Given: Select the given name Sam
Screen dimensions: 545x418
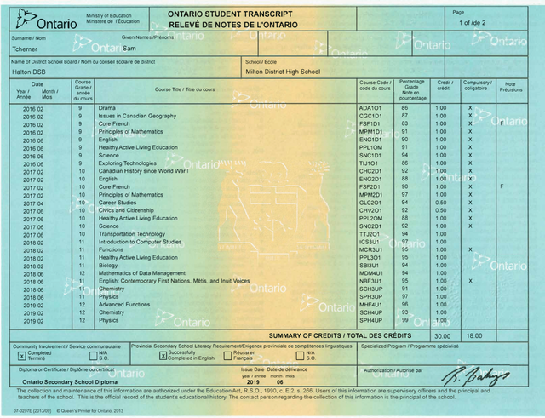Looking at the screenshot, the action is click(x=129, y=49).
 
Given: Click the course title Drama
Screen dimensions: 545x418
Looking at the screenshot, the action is click(x=107, y=109).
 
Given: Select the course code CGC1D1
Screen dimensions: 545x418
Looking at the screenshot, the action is click(x=370, y=117).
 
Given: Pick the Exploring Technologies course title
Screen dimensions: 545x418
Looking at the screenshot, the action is click(x=128, y=163).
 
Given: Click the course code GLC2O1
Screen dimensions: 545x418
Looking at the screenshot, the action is click(x=370, y=203).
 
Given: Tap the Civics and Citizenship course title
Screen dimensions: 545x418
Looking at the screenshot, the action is click(x=129, y=210).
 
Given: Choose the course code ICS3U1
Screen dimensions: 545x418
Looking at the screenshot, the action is click(x=370, y=242).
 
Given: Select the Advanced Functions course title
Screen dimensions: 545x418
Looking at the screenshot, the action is click(x=124, y=305).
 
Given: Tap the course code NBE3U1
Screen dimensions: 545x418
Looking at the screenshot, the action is click(x=370, y=281).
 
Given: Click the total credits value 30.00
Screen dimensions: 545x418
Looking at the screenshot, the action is click(x=442, y=335).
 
